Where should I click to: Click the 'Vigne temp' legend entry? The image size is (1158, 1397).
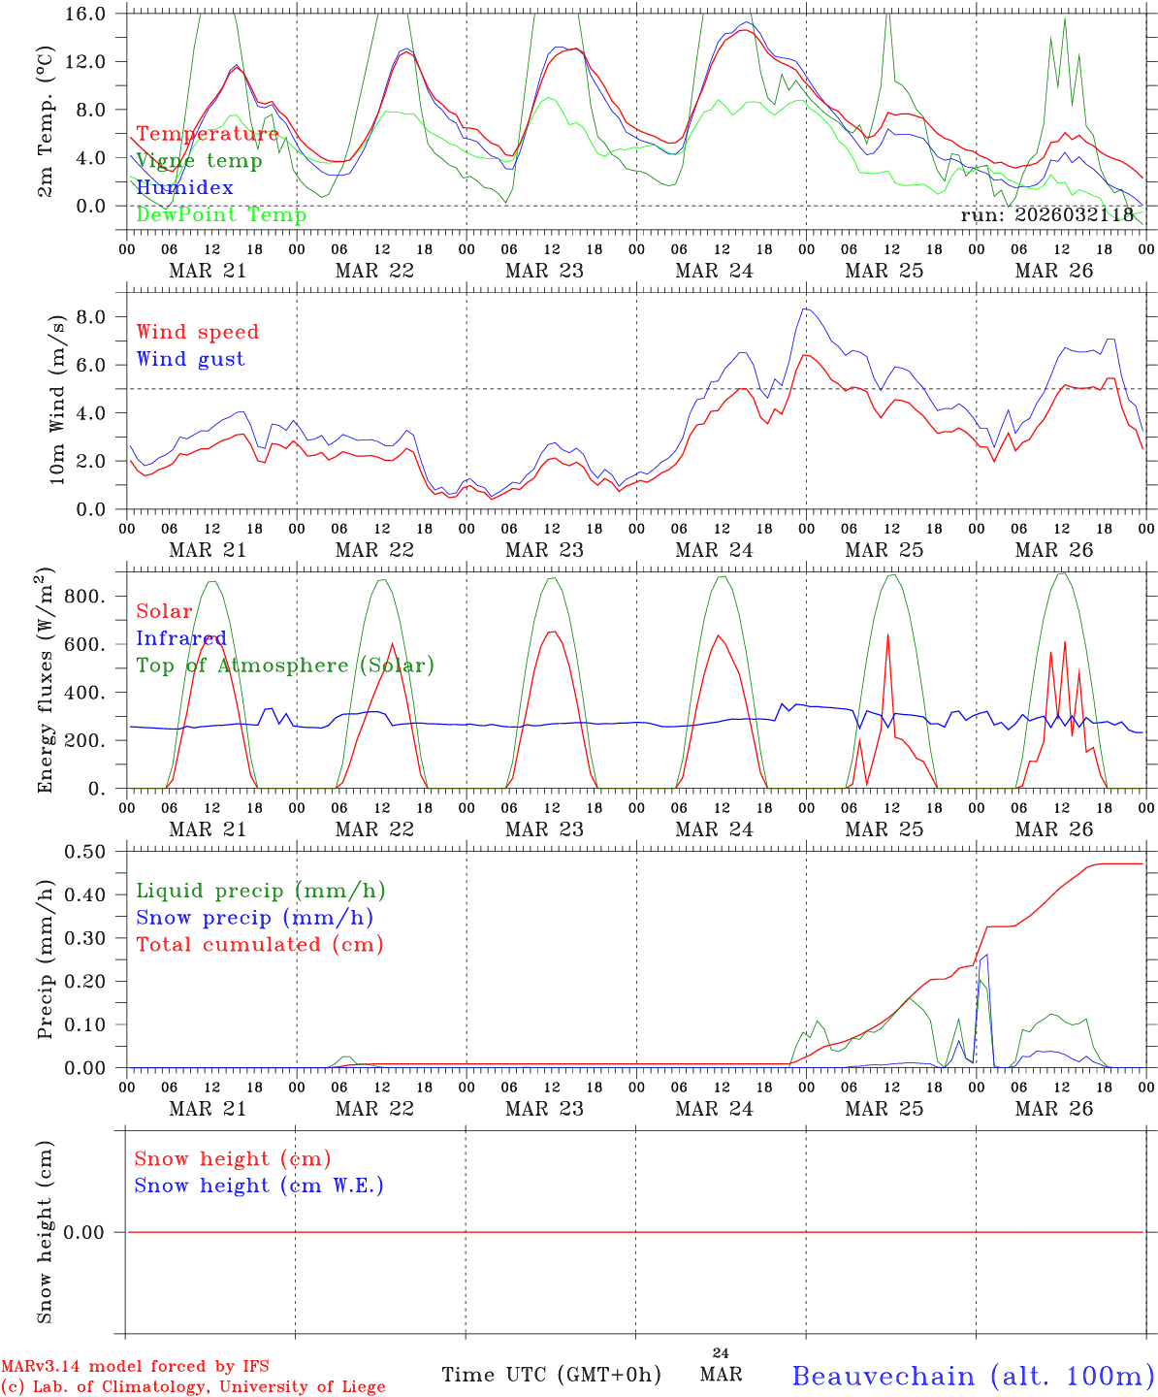coord(199,161)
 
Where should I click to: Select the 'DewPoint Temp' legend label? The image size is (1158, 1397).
coord(221,214)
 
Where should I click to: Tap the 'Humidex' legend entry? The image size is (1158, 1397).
coord(184,187)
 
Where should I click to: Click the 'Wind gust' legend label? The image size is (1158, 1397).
coord(190,359)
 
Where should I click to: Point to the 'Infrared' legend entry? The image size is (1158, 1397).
coord(181,638)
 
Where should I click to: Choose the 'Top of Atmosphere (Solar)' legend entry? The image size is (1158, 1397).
coord(285,666)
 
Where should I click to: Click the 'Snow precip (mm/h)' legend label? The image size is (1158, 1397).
coord(255,918)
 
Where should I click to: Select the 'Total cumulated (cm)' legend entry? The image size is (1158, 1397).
coord(260,944)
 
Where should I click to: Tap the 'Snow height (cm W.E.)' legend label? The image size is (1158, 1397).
coord(259,1186)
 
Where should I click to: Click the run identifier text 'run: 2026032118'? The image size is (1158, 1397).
coord(1046,214)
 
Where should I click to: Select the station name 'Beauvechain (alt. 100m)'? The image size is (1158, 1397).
coord(973,1376)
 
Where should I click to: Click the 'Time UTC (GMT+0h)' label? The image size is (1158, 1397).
coord(551,1375)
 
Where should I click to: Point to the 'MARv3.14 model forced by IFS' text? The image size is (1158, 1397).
coord(135,1367)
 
